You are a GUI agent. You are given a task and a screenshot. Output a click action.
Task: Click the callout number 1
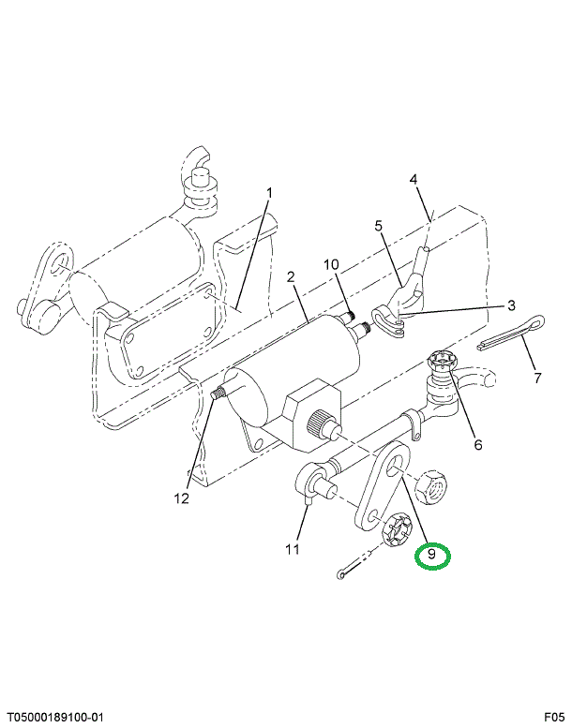coord(269,193)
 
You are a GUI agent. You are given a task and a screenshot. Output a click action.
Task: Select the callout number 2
coord(291,277)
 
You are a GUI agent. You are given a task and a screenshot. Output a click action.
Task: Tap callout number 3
coord(512,305)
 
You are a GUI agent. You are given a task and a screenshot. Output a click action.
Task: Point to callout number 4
coord(414,179)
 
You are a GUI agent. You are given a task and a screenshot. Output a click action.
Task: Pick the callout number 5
coord(379,226)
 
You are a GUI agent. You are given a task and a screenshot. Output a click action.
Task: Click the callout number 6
coord(478,445)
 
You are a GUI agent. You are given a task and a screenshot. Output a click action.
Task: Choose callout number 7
coord(537,378)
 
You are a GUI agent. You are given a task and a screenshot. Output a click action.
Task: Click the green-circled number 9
coord(432,556)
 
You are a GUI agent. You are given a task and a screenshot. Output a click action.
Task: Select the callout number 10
coord(331,264)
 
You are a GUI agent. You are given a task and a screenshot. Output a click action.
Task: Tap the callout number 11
coord(293,549)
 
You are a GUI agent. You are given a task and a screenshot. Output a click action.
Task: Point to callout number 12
coord(182,498)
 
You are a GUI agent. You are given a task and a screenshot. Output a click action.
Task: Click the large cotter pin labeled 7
coord(511,331)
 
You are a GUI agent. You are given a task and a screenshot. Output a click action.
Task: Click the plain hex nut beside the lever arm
coord(430,486)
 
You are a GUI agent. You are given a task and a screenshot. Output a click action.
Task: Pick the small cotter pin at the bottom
coord(354,565)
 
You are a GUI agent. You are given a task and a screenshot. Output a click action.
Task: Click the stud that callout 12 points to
coord(218,394)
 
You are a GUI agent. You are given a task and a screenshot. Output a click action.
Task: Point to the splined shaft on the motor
coord(321,422)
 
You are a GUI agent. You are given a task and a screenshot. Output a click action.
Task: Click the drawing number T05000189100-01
coord(52,718)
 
